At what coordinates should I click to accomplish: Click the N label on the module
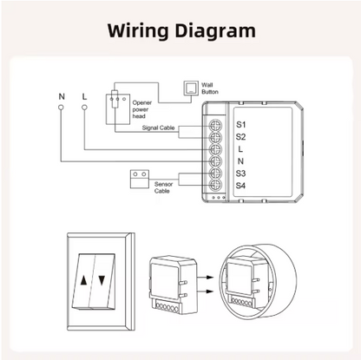(240, 161)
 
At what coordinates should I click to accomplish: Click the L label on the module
(240, 148)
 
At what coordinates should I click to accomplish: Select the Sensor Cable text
(163, 187)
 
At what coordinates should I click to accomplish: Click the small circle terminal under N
(62, 107)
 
